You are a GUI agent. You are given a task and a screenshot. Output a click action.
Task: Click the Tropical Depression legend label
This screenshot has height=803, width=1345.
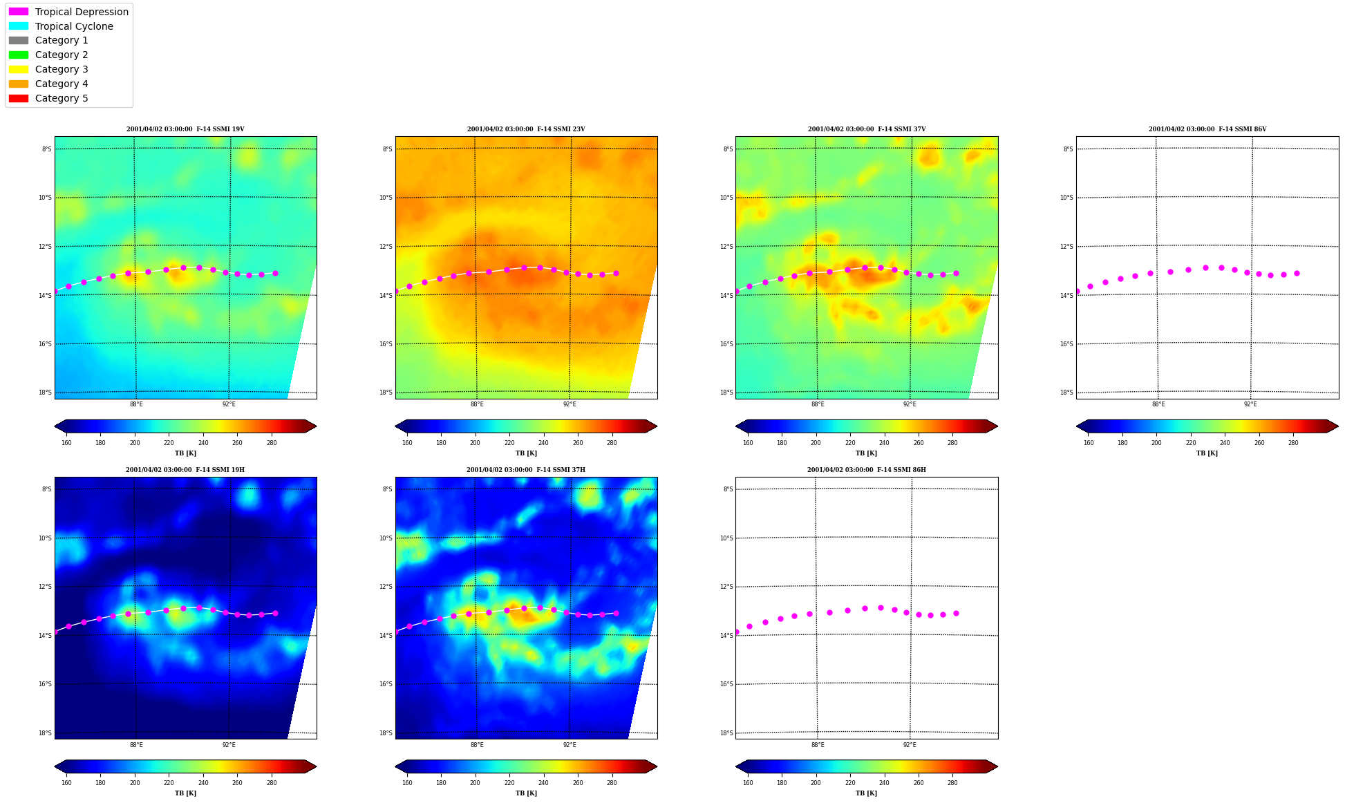point(82,12)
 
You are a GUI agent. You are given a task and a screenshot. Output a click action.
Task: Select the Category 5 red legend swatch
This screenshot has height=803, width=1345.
point(19,98)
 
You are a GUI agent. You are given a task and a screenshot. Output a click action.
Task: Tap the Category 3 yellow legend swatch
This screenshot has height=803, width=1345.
point(19,69)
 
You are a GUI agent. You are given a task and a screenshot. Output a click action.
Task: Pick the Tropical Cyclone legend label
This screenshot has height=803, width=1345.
point(74,26)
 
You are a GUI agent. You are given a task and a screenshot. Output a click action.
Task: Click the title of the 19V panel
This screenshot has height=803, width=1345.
point(185,129)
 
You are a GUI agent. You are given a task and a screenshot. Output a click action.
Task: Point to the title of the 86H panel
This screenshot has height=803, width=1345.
point(867,470)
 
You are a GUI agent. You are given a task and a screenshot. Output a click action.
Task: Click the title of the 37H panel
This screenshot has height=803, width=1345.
point(526,470)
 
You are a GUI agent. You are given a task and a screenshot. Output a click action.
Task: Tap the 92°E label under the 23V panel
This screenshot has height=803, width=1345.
point(570,404)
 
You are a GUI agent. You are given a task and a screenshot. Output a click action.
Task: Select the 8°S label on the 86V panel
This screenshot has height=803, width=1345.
point(1069,149)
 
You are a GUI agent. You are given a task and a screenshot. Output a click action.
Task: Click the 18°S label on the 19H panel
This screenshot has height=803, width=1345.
point(45,733)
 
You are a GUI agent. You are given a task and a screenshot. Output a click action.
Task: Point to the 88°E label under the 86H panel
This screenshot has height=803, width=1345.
point(818,745)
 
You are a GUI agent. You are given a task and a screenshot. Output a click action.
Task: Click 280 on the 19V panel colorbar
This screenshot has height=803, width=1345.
point(272,443)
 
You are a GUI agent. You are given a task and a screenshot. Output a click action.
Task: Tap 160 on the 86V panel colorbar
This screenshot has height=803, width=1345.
point(1089,443)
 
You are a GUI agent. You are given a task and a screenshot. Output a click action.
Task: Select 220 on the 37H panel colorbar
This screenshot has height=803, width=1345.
point(509,783)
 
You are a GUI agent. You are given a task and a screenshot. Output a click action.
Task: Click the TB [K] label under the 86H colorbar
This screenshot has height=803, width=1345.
point(867,793)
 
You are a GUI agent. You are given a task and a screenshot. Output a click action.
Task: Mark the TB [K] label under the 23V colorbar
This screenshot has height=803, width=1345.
point(526,453)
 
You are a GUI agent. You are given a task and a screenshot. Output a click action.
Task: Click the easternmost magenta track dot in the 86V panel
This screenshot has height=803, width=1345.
point(1297,273)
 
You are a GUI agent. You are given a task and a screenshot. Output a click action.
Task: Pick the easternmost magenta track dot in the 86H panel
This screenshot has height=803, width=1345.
point(956,613)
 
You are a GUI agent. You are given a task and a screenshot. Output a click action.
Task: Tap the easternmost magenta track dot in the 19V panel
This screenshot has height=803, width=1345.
point(275,273)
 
